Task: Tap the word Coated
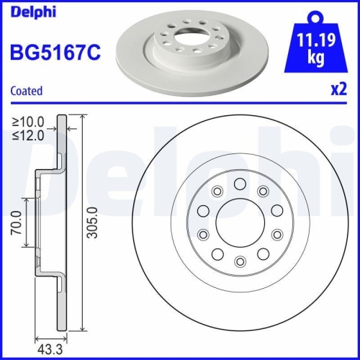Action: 26,91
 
